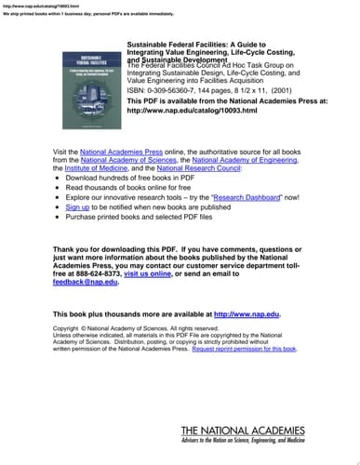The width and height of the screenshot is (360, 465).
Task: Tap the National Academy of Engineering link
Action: pyautogui.click(x=246, y=159)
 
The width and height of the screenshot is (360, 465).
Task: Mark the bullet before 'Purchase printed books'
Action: pyautogui.click(x=59, y=216)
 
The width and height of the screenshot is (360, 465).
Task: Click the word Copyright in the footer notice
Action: pyautogui.click(x=71, y=328)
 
